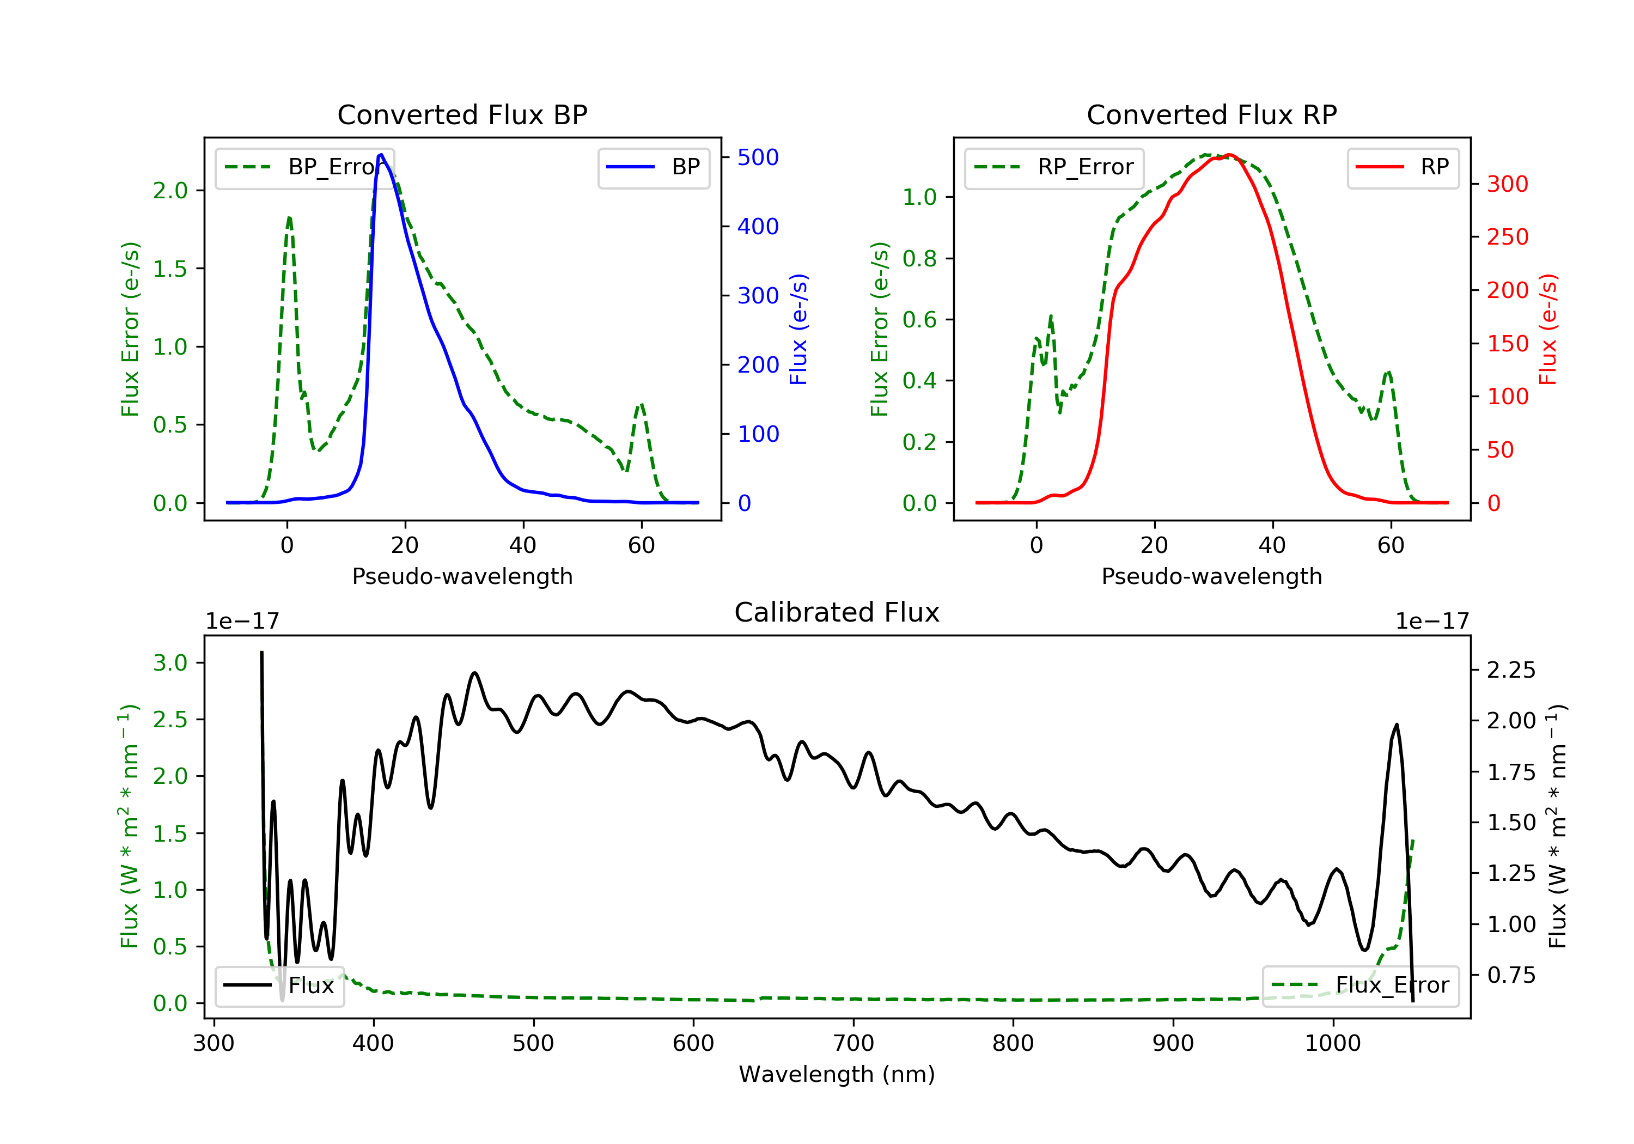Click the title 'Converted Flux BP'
coord(462,114)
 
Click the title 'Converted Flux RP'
coord(1211,114)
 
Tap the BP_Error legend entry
coord(304,167)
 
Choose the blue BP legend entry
coord(653,167)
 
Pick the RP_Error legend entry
coord(1054,167)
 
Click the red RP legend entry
coord(1403,167)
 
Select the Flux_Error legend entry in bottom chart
coord(1360,985)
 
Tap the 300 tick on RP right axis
coord(1507,184)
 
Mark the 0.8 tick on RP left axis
coord(919,258)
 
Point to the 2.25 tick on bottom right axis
coord(1511,670)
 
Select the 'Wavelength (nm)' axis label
coord(837,1074)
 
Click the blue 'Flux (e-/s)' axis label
coord(798,329)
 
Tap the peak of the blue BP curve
coord(381,155)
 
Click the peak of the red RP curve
coord(1229,155)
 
